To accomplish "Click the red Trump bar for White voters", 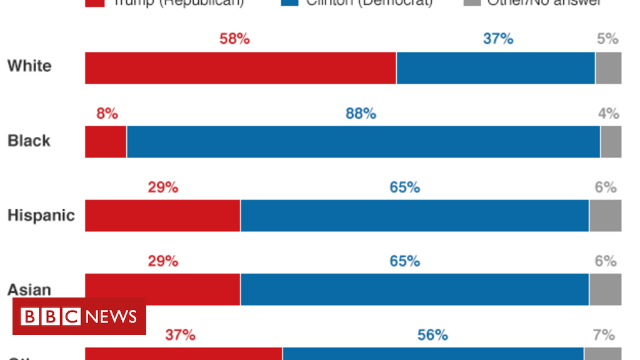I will click(x=241, y=68).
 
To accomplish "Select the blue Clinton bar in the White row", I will click(x=496, y=68).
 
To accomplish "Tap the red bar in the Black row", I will click(x=106, y=142).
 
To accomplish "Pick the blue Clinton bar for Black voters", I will click(x=363, y=142).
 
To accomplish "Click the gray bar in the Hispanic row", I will click(x=605, y=216).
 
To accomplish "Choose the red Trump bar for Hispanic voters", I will click(x=162, y=216).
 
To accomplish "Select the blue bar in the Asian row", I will click(x=414, y=289).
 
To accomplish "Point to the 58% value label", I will click(x=234, y=39).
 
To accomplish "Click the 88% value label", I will click(x=361, y=114).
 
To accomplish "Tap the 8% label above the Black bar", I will click(x=107, y=114).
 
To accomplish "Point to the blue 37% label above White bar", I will click(x=498, y=39).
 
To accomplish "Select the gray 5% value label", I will click(x=607, y=39).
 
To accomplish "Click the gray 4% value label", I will click(x=608, y=114).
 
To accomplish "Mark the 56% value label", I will click(x=432, y=335).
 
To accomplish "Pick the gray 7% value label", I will click(x=604, y=335).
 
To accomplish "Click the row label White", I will click(x=29, y=66).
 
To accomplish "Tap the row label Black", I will click(x=29, y=141).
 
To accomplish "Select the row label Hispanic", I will click(x=41, y=216).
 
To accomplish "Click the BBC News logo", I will click(x=79, y=316).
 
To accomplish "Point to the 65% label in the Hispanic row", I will click(x=405, y=187).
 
